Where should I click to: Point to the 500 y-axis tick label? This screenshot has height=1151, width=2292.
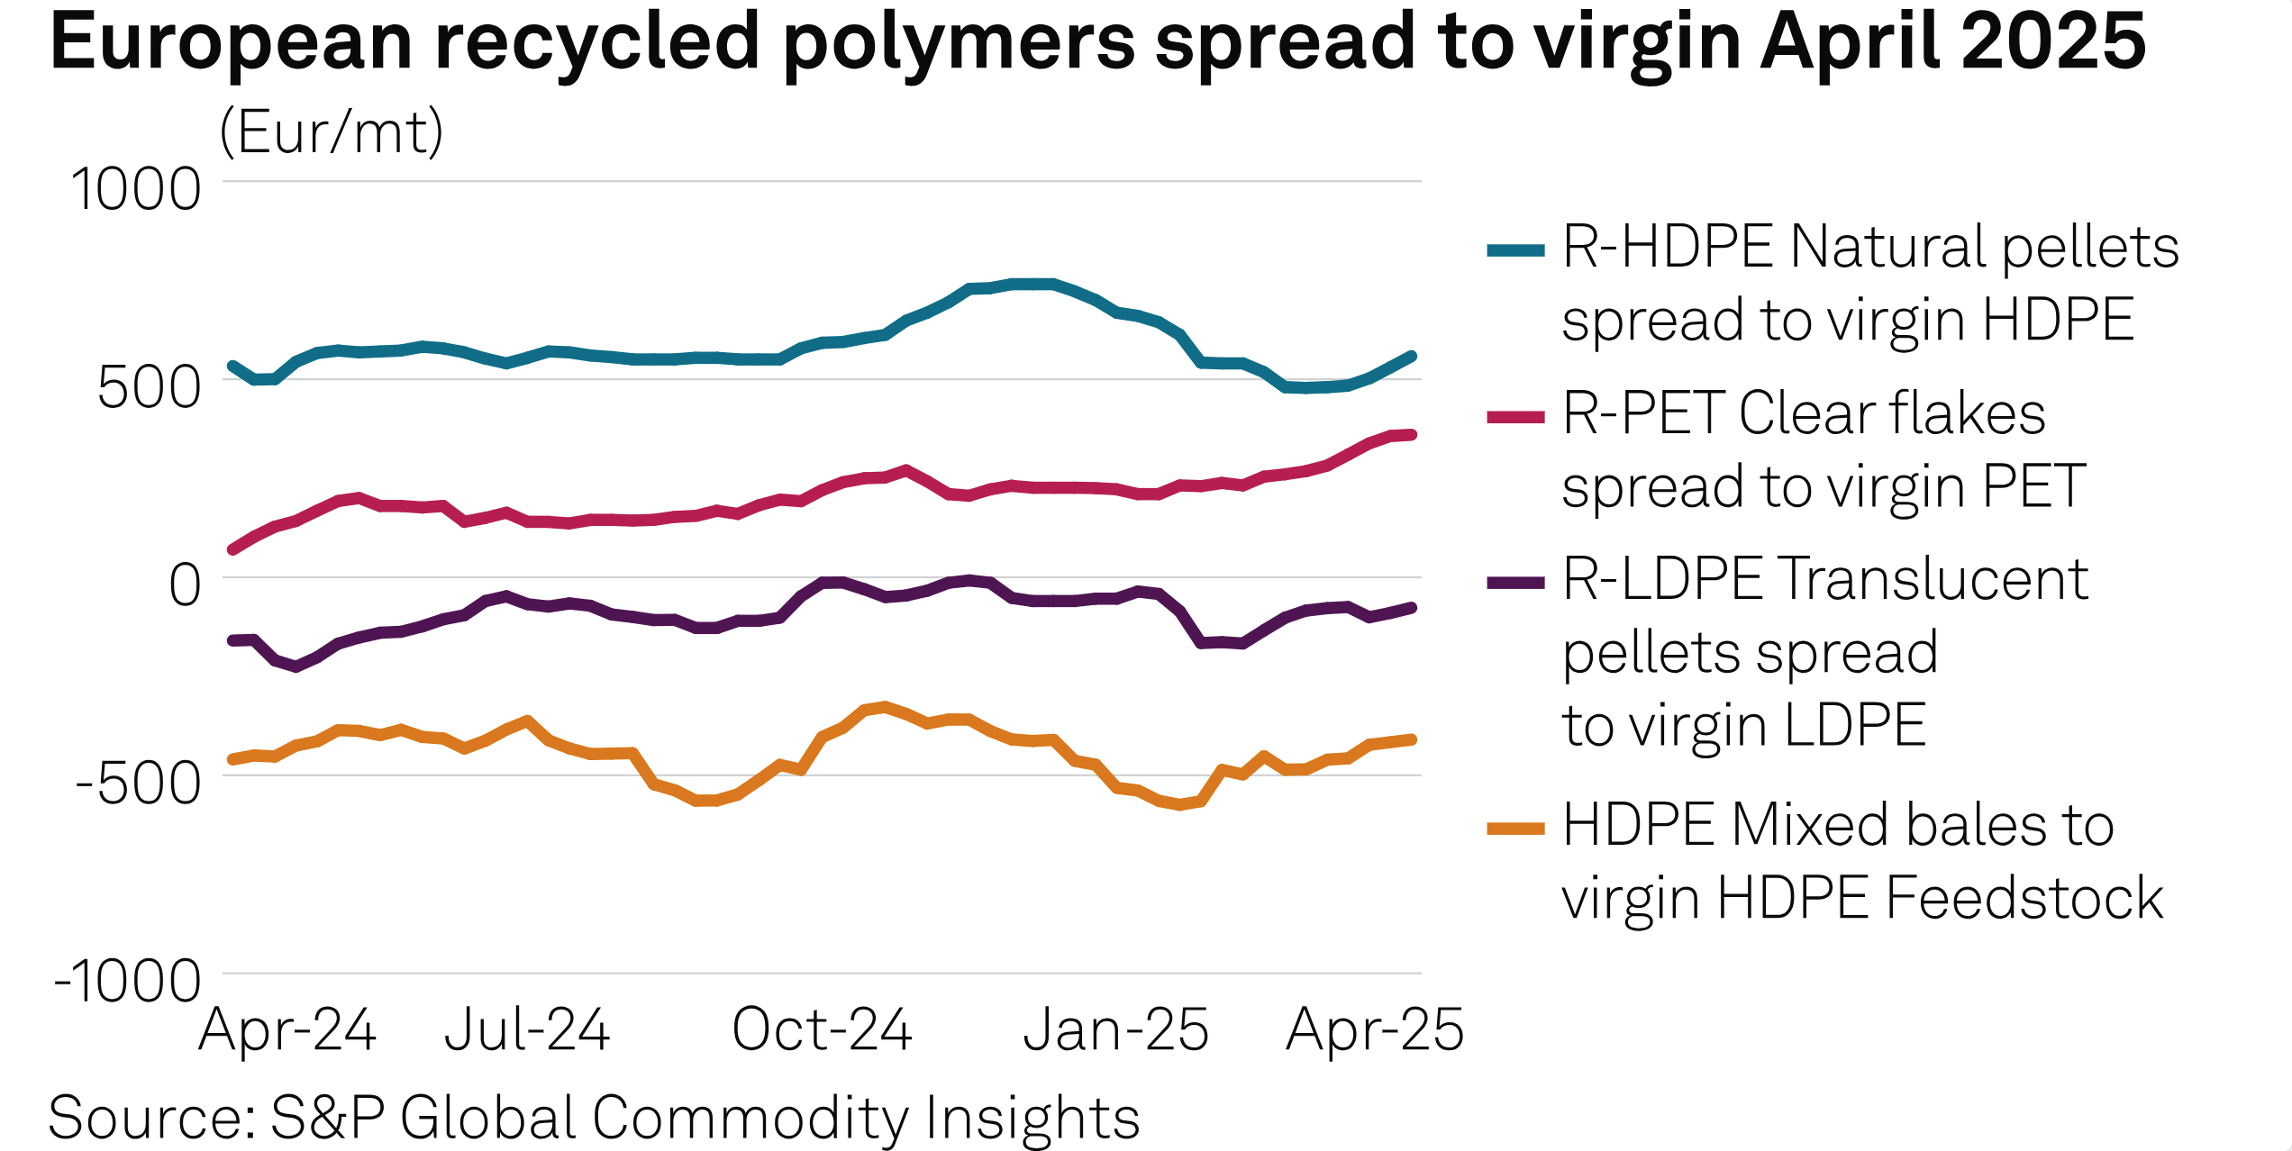pos(150,388)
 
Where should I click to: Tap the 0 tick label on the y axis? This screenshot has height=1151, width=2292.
pos(186,585)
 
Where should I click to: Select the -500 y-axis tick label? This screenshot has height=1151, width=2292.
pos(139,784)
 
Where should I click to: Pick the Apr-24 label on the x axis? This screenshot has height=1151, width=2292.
pos(287,1029)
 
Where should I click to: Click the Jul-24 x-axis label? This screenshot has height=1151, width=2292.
pos(527,1029)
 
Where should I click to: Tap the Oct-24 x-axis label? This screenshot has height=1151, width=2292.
pos(822,1029)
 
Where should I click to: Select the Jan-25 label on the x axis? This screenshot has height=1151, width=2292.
pos(1115,1029)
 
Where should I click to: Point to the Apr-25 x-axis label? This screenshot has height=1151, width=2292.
pos(1375,1029)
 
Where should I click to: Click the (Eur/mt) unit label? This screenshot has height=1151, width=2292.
pos(332,132)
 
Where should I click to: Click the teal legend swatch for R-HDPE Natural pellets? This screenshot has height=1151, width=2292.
pos(1515,250)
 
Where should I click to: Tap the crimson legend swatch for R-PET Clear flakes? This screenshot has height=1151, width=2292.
pos(1515,417)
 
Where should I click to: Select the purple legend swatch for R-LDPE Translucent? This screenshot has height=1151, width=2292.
pos(1515,583)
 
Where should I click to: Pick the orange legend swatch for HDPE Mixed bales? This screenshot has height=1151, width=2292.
pos(1515,829)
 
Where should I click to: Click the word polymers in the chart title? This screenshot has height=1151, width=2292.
pos(960,43)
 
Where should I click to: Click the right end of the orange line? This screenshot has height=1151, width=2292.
pos(1412,739)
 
